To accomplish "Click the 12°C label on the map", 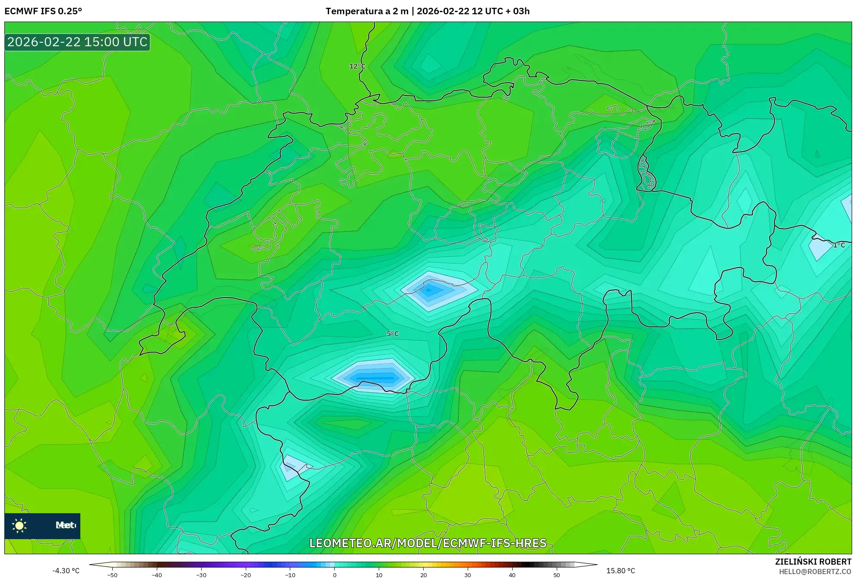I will tap(357, 66).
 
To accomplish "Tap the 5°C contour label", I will tap(393, 333).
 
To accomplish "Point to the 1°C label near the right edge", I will tap(839, 245).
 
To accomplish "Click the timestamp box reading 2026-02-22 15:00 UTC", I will tap(77, 42).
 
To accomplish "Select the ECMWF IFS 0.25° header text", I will tap(43, 11).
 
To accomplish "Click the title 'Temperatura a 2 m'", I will tap(367, 11).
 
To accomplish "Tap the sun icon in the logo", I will tap(19, 526).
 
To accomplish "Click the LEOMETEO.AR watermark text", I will tap(428, 543).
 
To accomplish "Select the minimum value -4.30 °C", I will tap(66, 571).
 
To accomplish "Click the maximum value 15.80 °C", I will tap(620, 571).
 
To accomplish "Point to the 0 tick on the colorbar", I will tap(335, 575).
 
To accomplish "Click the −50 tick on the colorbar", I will tap(112, 575).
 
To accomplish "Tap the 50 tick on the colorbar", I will tap(557, 575).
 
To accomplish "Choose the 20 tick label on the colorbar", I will tap(423, 575).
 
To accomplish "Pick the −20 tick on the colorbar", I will tap(246, 575).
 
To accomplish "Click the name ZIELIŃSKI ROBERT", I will tap(813, 562).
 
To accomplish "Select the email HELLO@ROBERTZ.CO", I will tap(815, 572).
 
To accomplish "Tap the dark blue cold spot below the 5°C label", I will tap(375, 378).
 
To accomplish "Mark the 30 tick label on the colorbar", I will tap(468, 575).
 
